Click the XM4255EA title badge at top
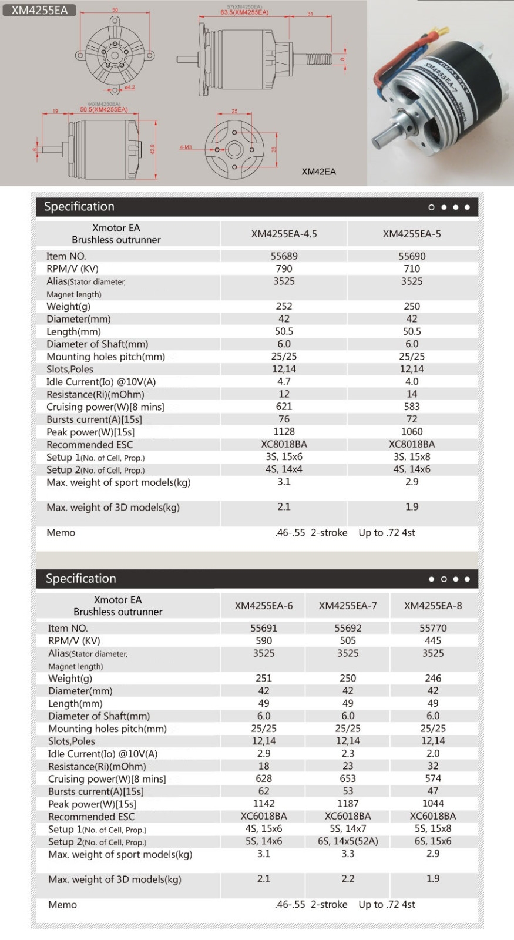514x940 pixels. pyautogui.click(x=39, y=10)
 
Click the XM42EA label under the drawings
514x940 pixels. pyautogui.click(x=318, y=172)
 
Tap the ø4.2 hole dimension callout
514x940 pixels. pyautogui.click(x=129, y=88)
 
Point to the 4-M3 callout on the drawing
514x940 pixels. pyautogui.click(x=186, y=147)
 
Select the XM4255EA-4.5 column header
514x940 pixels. pyautogui.click(x=284, y=234)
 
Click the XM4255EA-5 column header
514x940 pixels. pyautogui.click(x=411, y=234)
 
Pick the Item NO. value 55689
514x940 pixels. pyautogui.click(x=284, y=256)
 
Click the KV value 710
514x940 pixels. pyautogui.click(x=411, y=268)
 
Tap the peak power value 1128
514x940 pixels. pyautogui.click(x=284, y=432)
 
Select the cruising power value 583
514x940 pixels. pyautogui.click(x=411, y=407)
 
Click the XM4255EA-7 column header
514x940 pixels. pyautogui.click(x=348, y=606)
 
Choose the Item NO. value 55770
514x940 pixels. pyautogui.click(x=433, y=628)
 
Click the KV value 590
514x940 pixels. pyautogui.click(x=264, y=640)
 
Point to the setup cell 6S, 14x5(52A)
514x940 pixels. pyautogui.click(x=348, y=841)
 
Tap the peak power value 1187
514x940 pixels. pyautogui.click(x=348, y=804)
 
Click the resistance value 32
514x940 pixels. pyautogui.click(x=433, y=766)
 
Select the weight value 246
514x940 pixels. pyautogui.click(x=433, y=678)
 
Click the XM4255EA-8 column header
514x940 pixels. pyautogui.click(x=433, y=606)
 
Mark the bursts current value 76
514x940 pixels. pyautogui.click(x=284, y=419)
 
